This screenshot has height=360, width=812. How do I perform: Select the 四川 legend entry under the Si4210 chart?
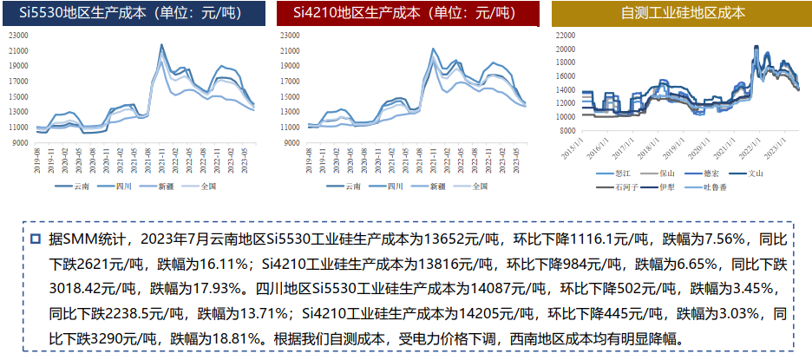tap(395, 186)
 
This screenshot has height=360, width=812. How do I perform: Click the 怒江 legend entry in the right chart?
tap(622, 173)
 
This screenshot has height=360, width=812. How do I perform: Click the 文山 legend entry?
tap(766, 173)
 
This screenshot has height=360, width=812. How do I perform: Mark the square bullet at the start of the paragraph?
tap(36, 238)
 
